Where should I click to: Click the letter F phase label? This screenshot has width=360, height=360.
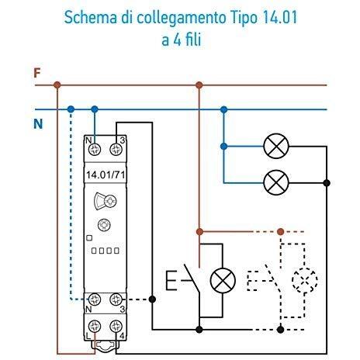(x=36, y=74)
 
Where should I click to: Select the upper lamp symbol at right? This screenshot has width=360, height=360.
(x=276, y=145)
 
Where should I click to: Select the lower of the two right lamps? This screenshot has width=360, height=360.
(x=276, y=183)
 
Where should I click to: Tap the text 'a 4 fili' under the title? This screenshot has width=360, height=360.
(x=181, y=40)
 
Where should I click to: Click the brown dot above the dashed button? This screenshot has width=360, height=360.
(x=280, y=231)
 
